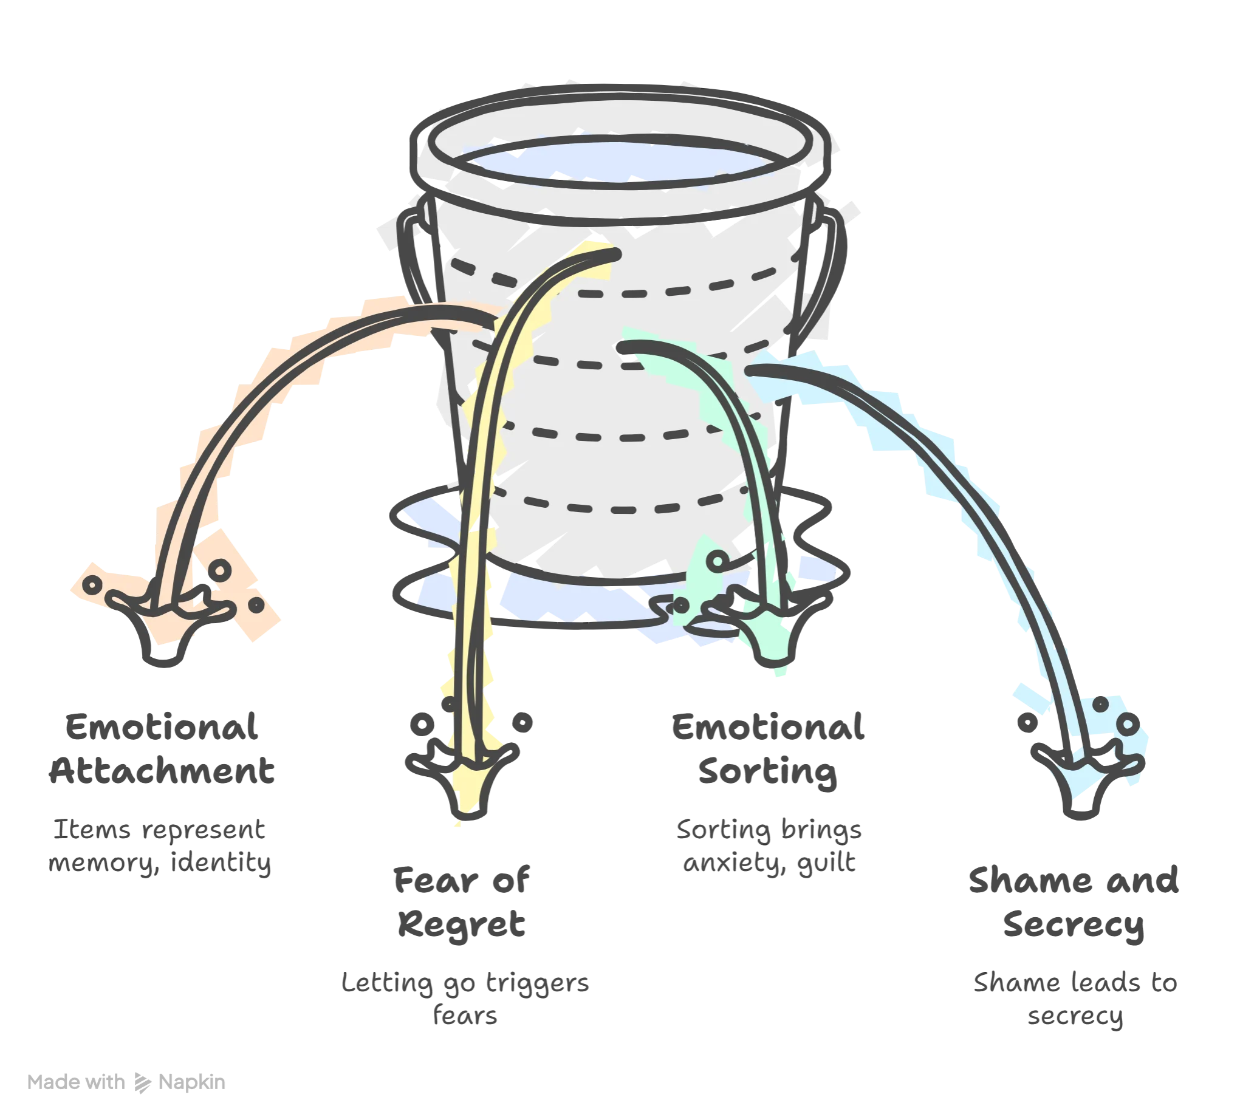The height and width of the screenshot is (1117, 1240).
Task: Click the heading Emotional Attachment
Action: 162,749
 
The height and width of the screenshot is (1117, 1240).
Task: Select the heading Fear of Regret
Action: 462,902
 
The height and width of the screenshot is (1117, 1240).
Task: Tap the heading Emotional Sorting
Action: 768,750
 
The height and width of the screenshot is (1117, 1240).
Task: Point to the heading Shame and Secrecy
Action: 1074,902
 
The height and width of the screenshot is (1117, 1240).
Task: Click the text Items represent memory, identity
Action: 160,845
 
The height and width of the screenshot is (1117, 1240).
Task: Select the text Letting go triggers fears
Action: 465,999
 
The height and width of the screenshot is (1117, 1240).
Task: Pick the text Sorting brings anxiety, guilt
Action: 769,845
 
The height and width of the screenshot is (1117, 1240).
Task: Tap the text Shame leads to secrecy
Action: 1075,999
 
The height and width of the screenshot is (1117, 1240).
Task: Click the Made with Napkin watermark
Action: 126,1082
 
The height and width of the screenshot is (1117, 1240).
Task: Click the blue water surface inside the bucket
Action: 620,161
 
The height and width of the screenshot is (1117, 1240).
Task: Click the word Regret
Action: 462,924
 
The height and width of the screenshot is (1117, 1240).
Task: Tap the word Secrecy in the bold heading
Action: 1074,926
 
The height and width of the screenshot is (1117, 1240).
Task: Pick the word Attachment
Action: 162,771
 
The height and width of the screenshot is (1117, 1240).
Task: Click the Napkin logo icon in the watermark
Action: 142,1083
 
